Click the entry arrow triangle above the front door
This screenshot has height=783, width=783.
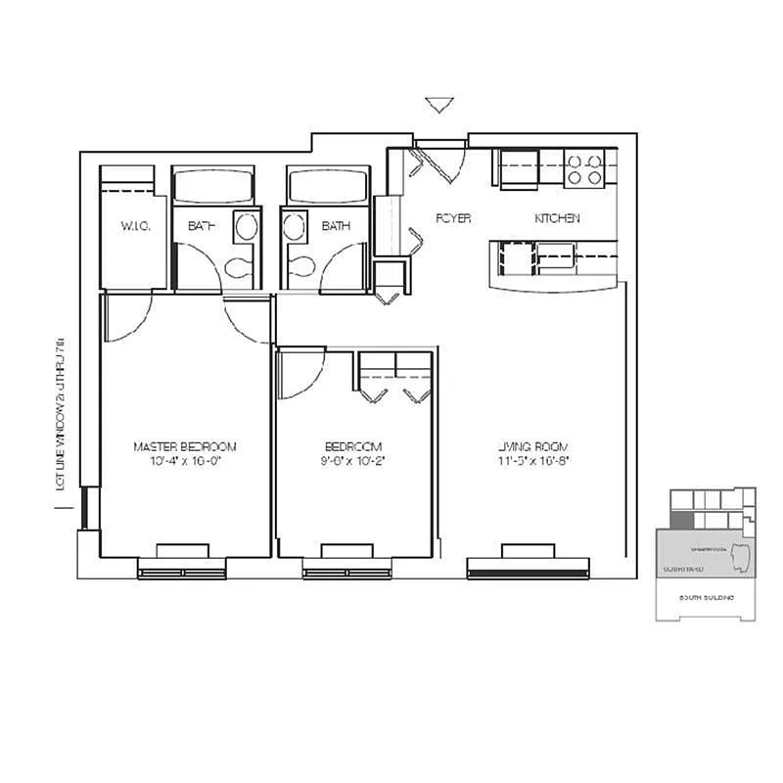(438, 105)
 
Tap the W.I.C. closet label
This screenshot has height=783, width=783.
(133, 226)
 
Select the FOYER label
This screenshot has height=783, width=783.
(452, 218)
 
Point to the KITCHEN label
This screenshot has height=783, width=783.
(556, 218)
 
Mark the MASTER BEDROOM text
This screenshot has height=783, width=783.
(185, 446)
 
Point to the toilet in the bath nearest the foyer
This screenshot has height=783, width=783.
(300, 266)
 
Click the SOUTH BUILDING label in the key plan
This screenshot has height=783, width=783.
(705, 597)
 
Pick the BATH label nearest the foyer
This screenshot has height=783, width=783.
(336, 226)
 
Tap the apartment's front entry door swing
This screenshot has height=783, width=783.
(440, 162)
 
